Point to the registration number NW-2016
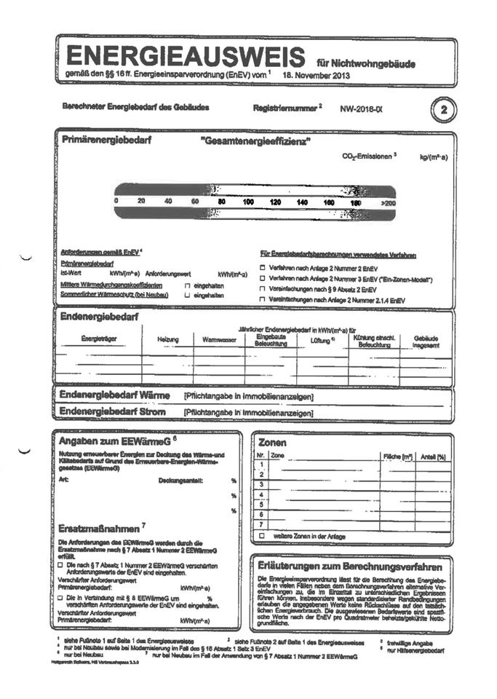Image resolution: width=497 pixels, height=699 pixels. (x=360, y=109)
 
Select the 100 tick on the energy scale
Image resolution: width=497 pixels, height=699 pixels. (x=248, y=201)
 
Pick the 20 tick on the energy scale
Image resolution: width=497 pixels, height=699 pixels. (x=141, y=201)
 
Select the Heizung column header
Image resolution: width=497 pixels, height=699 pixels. (x=168, y=339)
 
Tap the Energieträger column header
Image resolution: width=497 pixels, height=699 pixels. (x=99, y=338)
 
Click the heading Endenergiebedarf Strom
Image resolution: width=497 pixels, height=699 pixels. (x=112, y=412)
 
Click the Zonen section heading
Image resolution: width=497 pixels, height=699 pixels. (x=272, y=442)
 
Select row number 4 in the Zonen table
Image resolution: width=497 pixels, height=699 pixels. (x=261, y=494)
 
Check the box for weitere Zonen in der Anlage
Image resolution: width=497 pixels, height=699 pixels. (x=262, y=535)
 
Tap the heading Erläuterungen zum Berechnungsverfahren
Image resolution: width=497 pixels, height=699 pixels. (x=351, y=566)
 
